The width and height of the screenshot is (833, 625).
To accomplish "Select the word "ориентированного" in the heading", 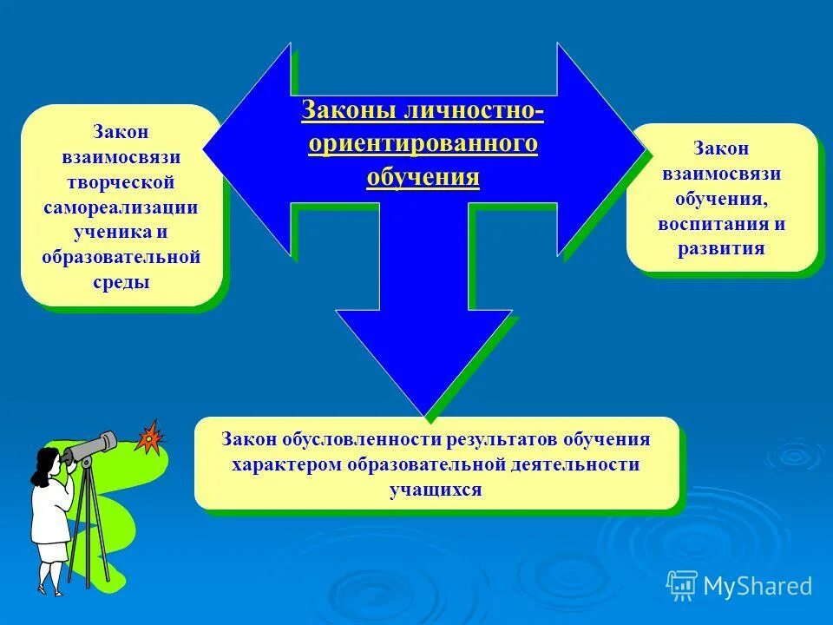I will pos(423,144).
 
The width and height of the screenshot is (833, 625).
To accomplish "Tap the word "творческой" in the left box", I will pos(121,182).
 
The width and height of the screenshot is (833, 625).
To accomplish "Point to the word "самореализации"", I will pos(121,207).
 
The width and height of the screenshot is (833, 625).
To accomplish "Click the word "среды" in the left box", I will pos(121,282).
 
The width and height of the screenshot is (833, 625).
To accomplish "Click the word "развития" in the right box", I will pos(722,248).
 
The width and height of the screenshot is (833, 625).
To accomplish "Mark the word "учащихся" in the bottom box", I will pos(436,490).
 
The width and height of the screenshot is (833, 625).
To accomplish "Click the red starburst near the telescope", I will pos(150,438).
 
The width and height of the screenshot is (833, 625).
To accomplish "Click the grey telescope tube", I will pos(91,446).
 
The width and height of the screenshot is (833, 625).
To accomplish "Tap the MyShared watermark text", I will pos(757,586).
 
